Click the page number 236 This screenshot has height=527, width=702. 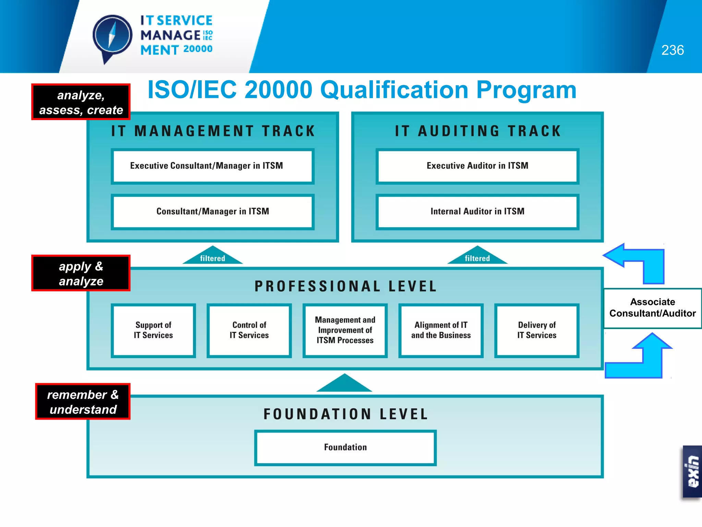(672, 50)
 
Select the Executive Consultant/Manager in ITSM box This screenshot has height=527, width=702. (213, 166)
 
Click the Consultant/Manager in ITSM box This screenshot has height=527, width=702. (213, 212)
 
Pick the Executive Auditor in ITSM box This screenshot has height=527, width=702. (477, 166)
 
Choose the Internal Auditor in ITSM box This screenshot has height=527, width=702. (477, 212)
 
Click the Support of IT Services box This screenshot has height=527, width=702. (153, 330)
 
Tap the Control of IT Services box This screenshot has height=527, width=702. (249, 330)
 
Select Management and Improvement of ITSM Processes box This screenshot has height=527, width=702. (345, 330)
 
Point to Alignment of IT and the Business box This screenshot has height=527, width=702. (441, 330)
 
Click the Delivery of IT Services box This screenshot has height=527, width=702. (537, 330)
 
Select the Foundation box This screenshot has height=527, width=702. (345, 448)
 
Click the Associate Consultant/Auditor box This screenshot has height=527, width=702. (652, 308)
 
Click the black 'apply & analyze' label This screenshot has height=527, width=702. (81, 273)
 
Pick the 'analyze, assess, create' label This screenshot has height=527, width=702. (81, 102)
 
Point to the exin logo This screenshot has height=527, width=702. (692, 472)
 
